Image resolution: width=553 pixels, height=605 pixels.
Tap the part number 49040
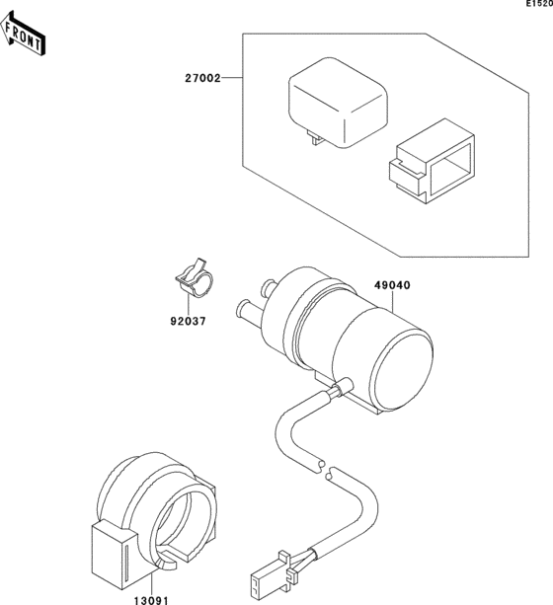pos(392,285)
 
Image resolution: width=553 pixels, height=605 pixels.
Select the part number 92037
pos(186,320)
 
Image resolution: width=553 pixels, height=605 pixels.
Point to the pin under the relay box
pos(315,140)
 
